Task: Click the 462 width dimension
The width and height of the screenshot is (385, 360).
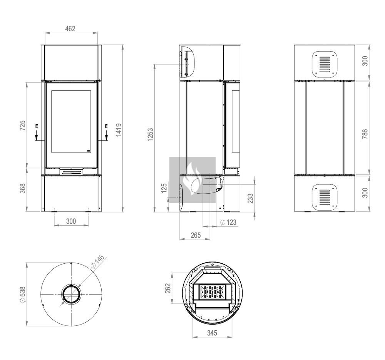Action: pyautogui.click(x=70, y=29)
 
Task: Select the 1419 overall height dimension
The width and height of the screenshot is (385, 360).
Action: pyautogui.click(x=119, y=130)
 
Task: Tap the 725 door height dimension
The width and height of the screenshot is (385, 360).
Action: pyautogui.click(x=22, y=125)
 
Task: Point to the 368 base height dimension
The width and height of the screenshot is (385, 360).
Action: pyautogui.click(x=22, y=188)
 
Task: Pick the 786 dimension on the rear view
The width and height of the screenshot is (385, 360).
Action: pyautogui.click(x=365, y=134)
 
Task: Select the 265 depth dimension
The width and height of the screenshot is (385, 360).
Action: pyautogui.click(x=196, y=235)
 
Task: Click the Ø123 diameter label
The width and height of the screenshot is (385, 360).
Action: pyautogui.click(x=228, y=223)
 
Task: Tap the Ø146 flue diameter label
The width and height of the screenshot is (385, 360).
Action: pyautogui.click(x=97, y=261)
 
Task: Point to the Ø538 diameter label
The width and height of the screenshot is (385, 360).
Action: pyautogui.click(x=22, y=295)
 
